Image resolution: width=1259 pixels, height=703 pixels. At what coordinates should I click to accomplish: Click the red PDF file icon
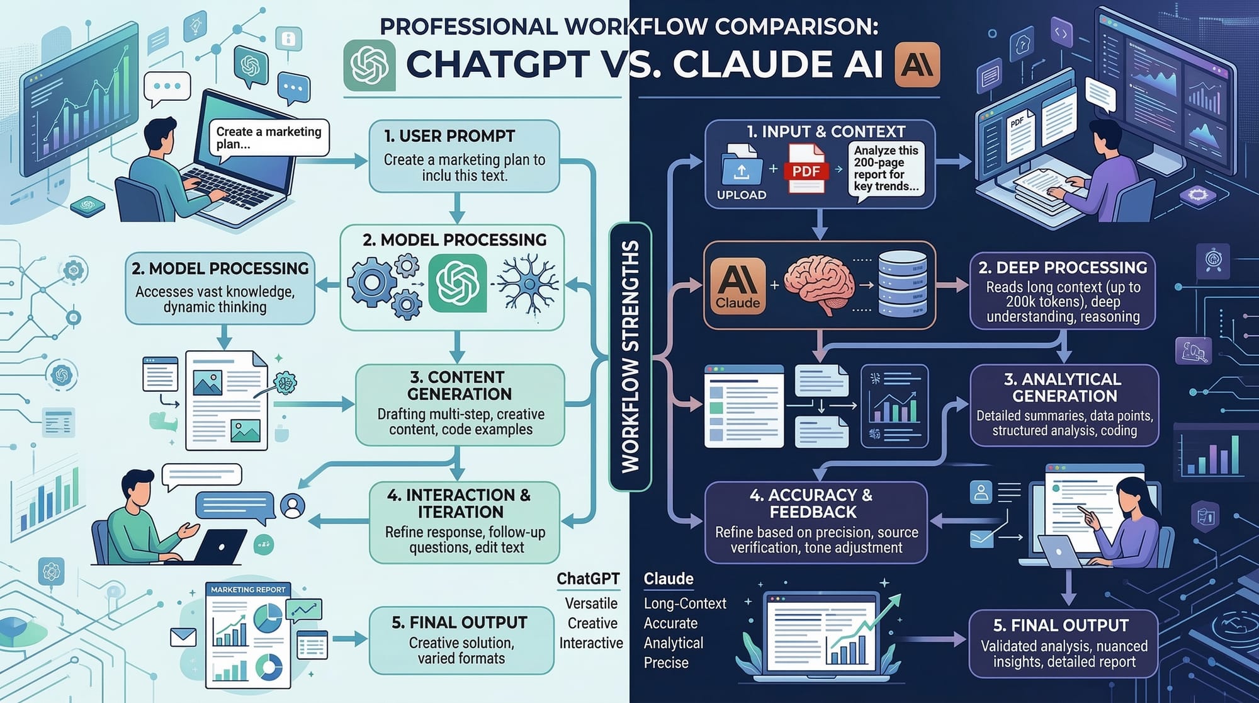(x=805, y=168)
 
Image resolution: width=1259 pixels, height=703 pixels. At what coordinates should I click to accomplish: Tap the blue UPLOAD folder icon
(x=741, y=166)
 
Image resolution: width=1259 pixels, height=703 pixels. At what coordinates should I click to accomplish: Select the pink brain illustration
(x=819, y=284)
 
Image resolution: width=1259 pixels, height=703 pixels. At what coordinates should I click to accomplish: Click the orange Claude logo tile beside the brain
(x=738, y=285)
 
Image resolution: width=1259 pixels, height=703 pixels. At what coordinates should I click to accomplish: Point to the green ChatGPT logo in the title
(x=370, y=65)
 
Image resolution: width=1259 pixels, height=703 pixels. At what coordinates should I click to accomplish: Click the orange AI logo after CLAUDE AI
(x=917, y=64)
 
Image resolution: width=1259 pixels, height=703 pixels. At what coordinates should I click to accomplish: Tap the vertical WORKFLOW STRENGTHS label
(x=630, y=356)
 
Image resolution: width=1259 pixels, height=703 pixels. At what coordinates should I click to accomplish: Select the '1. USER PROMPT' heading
(x=449, y=136)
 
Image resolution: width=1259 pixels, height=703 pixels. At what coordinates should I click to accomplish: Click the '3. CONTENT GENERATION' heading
(x=459, y=386)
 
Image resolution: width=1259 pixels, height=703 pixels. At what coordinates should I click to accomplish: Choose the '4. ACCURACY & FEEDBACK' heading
(x=812, y=503)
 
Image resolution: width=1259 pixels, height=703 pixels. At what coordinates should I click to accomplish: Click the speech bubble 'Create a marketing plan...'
(x=269, y=137)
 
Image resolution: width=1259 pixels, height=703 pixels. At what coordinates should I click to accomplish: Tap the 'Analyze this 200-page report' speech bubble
(x=886, y=168)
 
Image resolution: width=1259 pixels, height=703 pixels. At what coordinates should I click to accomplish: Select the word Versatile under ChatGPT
(x=590, y=603)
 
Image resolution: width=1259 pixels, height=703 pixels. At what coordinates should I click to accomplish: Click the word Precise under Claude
(x=666, y=663)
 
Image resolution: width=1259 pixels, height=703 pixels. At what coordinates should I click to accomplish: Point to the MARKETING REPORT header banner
(x=248, y=590)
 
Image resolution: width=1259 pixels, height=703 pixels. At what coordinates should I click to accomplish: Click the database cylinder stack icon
(x=902, y=283)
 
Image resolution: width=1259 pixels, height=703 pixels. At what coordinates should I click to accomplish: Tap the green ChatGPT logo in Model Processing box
(x=458, y=283)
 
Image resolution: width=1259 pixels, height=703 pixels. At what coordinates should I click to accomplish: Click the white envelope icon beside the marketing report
(x=183, y=637)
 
